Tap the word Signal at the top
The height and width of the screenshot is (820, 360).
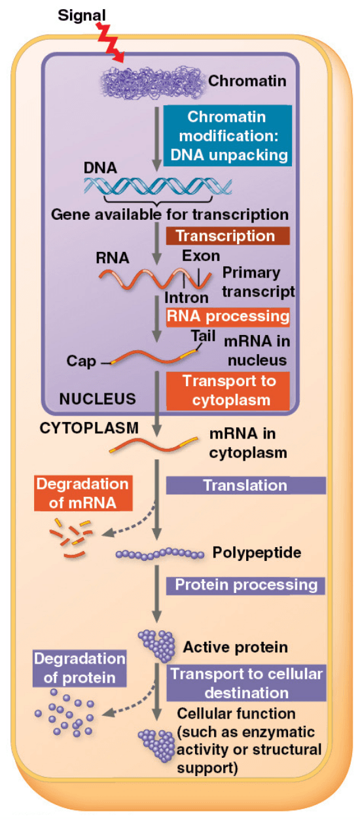(x=78, y=14)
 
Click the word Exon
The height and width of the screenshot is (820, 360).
(x=200, y=255)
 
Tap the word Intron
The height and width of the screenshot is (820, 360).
(x=186, y=297)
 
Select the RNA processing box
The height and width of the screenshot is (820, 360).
(x=228, y=317)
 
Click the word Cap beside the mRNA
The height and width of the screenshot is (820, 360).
(x=81, y=361)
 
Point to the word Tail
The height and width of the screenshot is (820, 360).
(x=203, y=336)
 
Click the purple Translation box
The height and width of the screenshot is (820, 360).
(x=245, y=485)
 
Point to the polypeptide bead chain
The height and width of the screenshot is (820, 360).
(x=160, y=554)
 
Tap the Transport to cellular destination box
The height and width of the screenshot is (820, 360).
(x=245, y=683)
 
